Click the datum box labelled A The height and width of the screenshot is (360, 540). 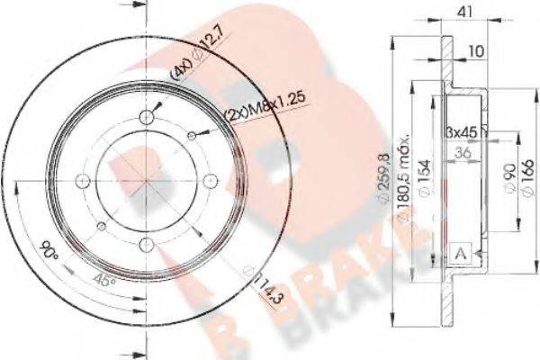462,251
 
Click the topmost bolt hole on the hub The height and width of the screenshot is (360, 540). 147,117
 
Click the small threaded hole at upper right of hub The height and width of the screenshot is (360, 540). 192,135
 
